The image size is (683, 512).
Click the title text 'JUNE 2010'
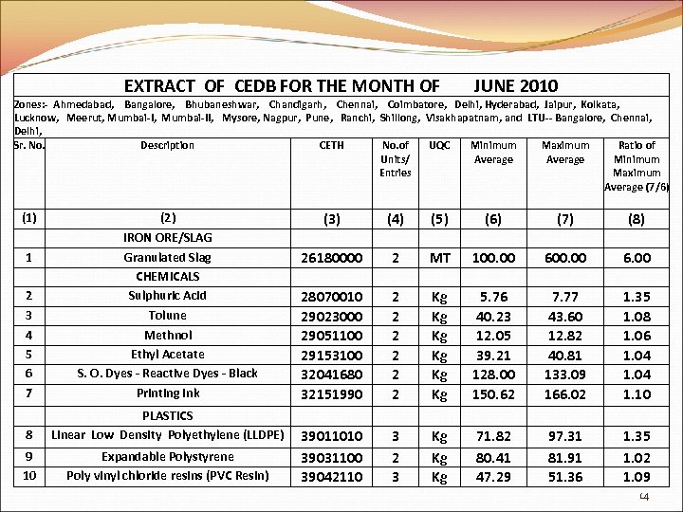(x=515, y=85)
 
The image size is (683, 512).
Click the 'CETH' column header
(x=331, y=145)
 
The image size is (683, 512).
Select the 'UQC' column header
(x=440, y=145)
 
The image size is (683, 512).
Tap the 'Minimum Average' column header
(x=493, y=152)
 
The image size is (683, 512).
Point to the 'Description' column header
(x=167, y=145)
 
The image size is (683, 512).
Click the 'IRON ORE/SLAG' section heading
(x=167, y=238)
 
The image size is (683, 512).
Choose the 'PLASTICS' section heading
(x=167, y=415)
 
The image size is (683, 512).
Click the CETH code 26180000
(x=331, y=258)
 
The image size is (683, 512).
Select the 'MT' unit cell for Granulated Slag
(x=440, y=258)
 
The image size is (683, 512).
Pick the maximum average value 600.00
(x=564, y=258)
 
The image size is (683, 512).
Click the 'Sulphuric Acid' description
(x=167, y=296)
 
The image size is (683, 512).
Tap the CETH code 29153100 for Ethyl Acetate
(x=331, y=355)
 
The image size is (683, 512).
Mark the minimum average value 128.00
(x=493, y=374)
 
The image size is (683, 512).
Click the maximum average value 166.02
(x=564, y=393)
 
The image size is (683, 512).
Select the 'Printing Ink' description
(x=167, y=393)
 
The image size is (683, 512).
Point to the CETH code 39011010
(x=331, y=436)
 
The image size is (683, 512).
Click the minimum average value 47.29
(x=493, y=476)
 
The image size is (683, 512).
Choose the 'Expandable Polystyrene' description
(x=167, y=456)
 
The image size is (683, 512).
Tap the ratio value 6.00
(x=637, y=258)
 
